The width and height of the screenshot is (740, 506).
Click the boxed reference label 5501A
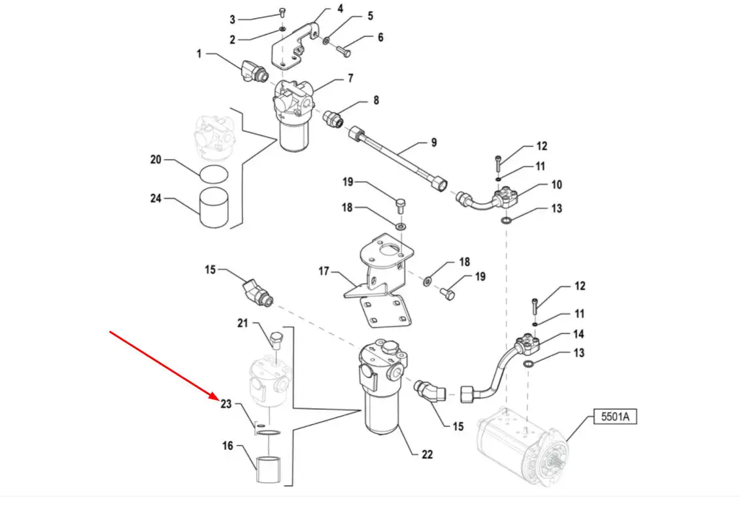[615, 416]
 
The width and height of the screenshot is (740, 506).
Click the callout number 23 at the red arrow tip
[226, 404]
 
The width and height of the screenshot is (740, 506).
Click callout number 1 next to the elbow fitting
[199, 54]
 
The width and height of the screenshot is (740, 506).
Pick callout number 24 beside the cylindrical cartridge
[156, 199]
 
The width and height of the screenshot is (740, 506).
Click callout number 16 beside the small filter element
[227, 446]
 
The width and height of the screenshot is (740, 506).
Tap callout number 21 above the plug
[243, 323]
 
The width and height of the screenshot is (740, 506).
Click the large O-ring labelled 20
[214, 175]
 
